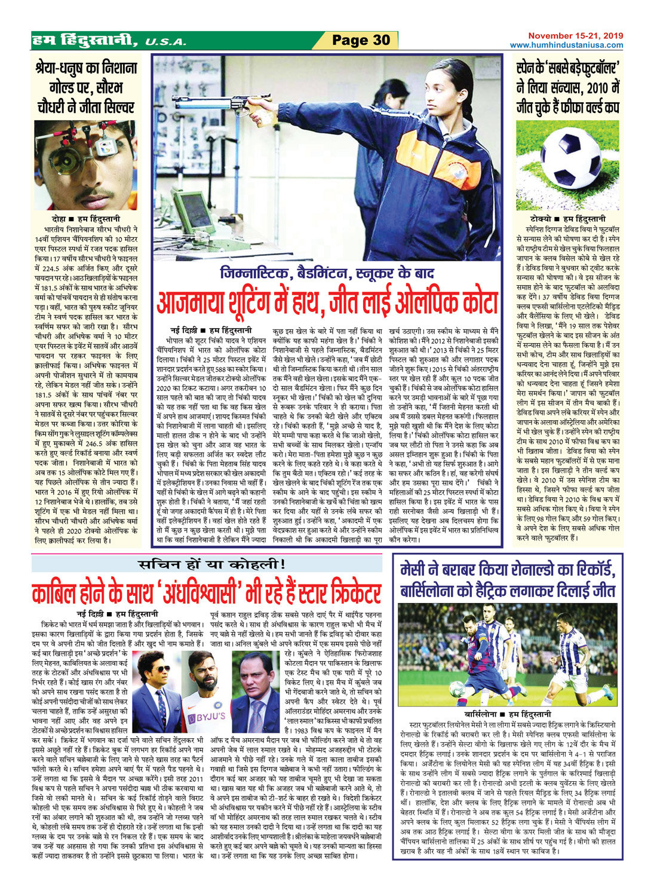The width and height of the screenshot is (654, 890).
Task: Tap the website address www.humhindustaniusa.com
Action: [566, 45]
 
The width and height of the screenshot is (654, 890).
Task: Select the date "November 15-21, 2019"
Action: [575, 36]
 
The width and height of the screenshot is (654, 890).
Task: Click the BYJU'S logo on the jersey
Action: [207, 715]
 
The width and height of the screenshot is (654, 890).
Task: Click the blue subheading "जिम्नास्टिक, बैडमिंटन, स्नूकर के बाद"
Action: [327, 273]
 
